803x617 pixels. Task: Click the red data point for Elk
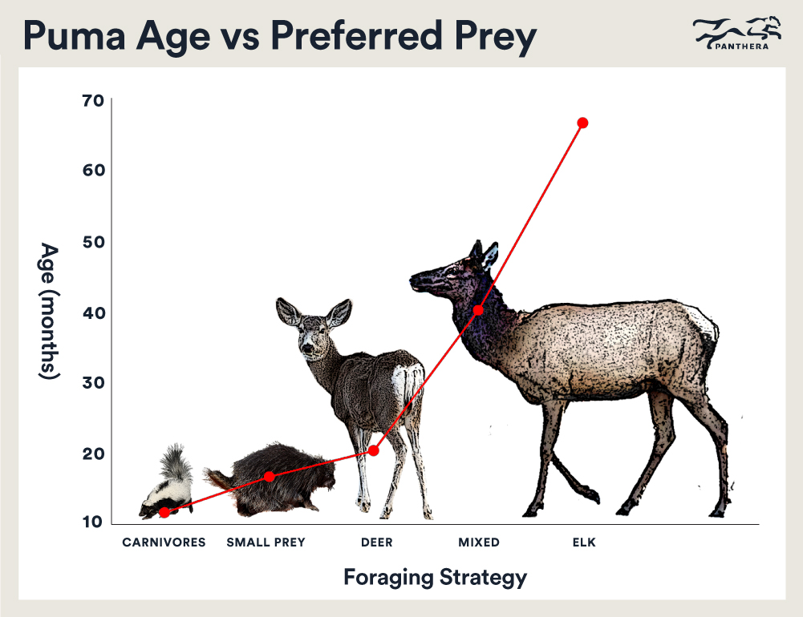click(x=582, y=123)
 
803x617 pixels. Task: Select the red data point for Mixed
click(x=478, y=310)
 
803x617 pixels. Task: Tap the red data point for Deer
click(x=373, y=450)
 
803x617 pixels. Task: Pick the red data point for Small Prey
click(x=270, y=477)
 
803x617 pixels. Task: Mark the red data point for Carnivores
click(x=164, y=512)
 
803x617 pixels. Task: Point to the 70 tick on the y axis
click(x=93, y=100)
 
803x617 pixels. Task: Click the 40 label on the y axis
click(x=93, y=313)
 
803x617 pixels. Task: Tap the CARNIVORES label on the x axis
click(x=164, y=542)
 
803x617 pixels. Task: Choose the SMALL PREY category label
click(x=266, y=542)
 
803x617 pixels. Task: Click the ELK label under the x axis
click(x=584, y=542)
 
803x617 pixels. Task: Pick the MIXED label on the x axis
click(x=479, y=542)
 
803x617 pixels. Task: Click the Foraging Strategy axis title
click(x=435, y=577)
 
